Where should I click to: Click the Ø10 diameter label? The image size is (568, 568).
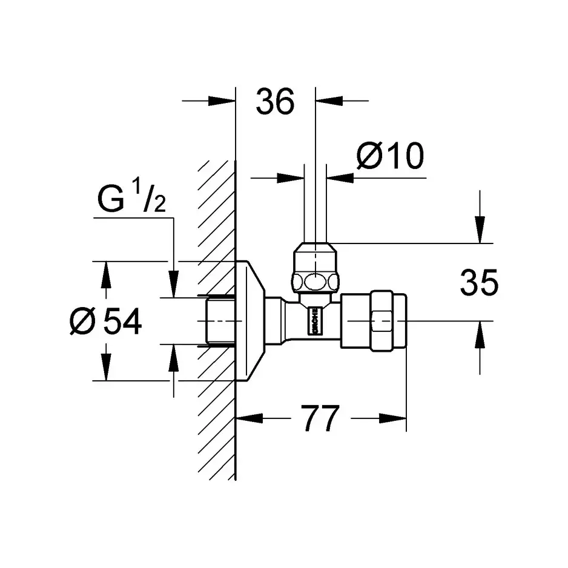[x=390, y=157]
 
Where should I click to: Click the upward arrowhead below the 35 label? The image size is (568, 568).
[x=480, y=332]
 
